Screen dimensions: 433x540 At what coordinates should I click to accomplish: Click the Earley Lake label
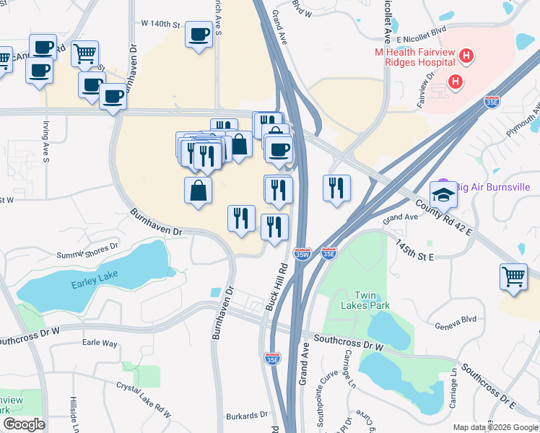[94, 284]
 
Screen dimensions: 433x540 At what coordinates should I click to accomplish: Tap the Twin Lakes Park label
[372, 300]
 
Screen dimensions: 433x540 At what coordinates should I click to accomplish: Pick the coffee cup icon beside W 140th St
[198, 34]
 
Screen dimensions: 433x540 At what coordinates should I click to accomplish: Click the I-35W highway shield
[303, 254]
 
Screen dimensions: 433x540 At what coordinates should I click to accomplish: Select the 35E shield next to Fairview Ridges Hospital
[492, 103]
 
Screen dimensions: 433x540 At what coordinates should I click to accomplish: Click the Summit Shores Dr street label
[87, 250]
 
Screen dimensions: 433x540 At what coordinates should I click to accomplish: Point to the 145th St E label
[414, 251]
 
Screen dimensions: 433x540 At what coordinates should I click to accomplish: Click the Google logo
[24, 424]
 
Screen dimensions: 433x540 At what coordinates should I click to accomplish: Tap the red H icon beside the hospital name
[466, 55]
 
